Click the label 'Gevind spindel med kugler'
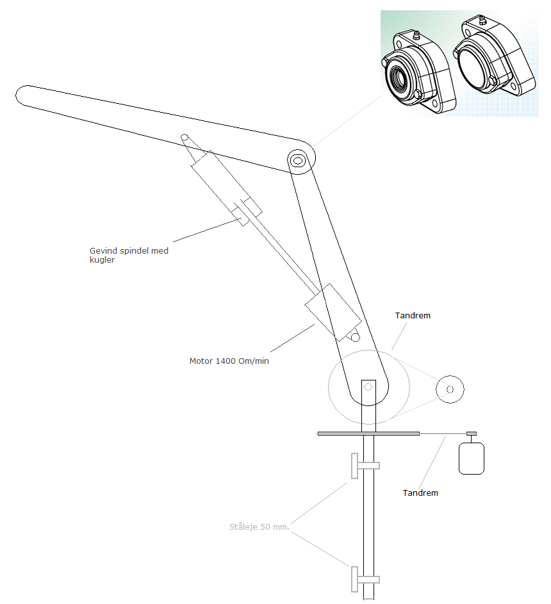[129, 255]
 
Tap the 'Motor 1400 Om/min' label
[229, 361]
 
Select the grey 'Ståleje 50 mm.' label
[259, 527]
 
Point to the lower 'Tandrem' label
[420, 493]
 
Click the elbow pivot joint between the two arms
[297, 160]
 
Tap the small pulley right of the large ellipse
[450, 389]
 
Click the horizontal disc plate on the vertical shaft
[368, 434]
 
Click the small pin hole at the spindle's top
[183, 137]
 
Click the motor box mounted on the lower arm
[333, 312]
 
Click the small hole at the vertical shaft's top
[368, 387]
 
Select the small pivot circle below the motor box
[355, 337]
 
